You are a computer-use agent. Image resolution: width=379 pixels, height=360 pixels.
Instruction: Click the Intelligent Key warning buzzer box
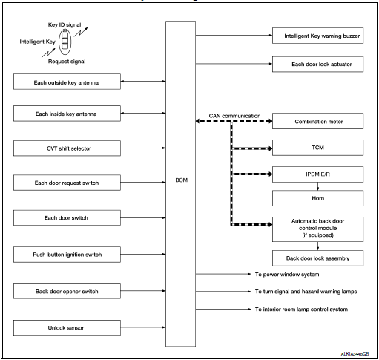[318, 34]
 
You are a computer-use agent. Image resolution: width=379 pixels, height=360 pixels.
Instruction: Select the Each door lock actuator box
[318, 65]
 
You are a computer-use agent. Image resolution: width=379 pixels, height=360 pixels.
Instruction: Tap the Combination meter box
[318, 119]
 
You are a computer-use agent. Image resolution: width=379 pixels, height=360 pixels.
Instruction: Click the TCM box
[318, 148]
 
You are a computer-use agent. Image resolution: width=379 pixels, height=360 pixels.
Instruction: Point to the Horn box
[318, 200]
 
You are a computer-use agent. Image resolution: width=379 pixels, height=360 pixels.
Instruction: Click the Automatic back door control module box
[318, 226]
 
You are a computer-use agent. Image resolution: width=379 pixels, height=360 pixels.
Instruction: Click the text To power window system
[286, 274]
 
